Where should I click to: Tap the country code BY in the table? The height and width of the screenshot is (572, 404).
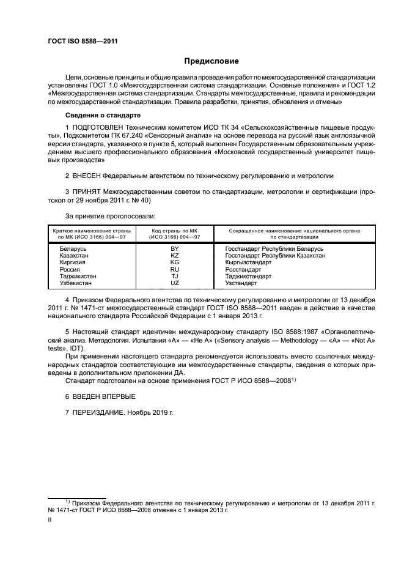(175, 250)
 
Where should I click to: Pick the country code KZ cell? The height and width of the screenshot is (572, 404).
(175, 256)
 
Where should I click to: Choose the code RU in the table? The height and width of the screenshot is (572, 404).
(175, 269)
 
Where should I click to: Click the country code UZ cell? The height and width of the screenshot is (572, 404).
(175, 283)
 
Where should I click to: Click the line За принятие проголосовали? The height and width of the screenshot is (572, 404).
(110, 216)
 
